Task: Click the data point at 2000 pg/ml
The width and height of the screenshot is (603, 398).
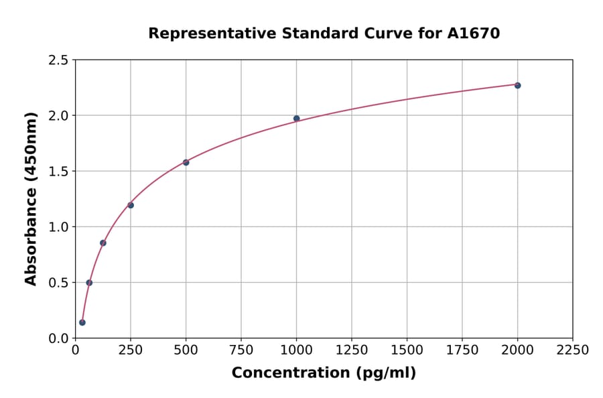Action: [x=517, y=85]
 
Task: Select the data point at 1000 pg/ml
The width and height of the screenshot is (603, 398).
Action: [x=296, y=119]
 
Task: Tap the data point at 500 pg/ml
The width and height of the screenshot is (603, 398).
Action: [x=186, y=162]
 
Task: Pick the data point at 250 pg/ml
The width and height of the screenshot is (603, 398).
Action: [x=131, y=205]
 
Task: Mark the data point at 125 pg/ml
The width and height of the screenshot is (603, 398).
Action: [x=103, y=243]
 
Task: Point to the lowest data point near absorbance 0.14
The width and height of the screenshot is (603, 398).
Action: [x=82, y=322]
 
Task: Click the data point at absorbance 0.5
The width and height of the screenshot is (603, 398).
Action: [x=89, y=283]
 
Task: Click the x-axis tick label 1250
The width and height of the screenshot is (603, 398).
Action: [x=352, y=350]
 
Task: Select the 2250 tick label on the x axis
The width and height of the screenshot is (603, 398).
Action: [x=573, y=350]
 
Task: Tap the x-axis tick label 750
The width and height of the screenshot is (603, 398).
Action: [x=241, y=350]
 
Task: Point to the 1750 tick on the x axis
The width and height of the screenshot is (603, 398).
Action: [x=462, y=350]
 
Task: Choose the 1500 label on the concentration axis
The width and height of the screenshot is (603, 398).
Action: [x=407, y=350]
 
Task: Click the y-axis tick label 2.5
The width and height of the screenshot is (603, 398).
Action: [x=58, y=60]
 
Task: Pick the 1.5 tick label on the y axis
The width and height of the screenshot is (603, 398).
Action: [x=58, y=172]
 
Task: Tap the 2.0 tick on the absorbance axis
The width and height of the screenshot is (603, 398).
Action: [x=58, y=116]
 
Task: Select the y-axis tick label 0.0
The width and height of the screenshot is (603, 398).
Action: [x=58, y=338]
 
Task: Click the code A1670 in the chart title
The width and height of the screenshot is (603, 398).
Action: [x=473, y=33]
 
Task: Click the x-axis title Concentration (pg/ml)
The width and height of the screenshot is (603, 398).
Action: [x=324, y=373]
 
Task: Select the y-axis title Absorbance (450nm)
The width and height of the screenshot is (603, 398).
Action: [x=31, y=199]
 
